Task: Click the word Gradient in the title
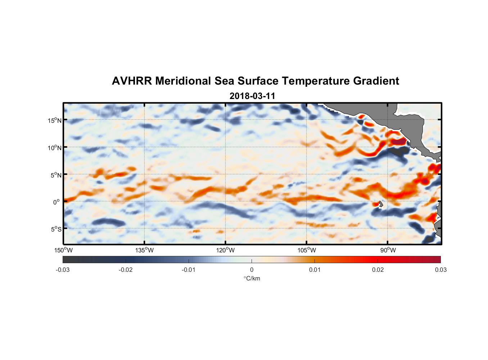376,81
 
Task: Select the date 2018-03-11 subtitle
252,96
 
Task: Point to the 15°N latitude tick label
55,120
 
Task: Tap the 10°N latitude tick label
55,148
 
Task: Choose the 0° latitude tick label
57,202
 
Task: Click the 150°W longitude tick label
64,250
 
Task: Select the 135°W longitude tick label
145,250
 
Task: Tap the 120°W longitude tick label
226,250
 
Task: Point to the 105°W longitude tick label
307,250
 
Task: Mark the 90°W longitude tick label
388,250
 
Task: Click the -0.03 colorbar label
63,270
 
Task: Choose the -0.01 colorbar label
189,270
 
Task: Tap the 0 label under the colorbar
252,270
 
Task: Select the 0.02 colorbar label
378,270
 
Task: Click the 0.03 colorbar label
440,270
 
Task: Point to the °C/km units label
252,278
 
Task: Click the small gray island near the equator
381,204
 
